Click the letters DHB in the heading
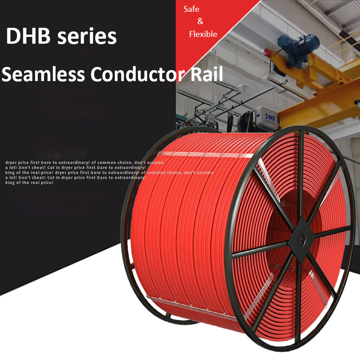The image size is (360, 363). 28,36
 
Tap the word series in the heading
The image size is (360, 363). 87,36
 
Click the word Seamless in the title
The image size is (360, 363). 43,74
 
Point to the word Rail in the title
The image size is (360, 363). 206,74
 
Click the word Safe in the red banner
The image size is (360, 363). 191,9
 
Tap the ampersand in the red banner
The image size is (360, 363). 201,21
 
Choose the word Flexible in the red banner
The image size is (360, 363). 203,34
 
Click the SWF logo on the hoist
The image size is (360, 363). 270,118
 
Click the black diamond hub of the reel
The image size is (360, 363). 301,240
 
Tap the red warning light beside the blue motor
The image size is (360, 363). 268,52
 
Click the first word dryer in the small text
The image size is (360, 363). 11,163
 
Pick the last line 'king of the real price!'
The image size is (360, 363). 30,183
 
